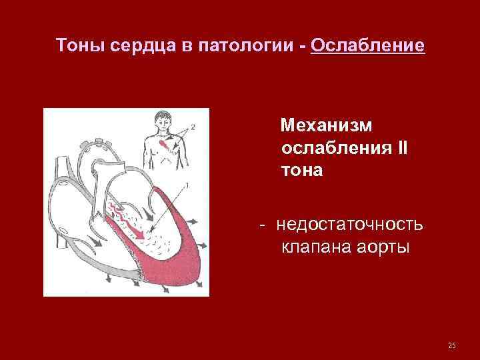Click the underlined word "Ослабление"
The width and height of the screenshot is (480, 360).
[x=367, y=45]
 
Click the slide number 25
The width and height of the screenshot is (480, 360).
[x=452, y=345]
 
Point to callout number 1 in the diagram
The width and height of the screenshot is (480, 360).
[x=187, y=185]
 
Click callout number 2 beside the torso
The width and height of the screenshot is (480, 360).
[x=193, y=126]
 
